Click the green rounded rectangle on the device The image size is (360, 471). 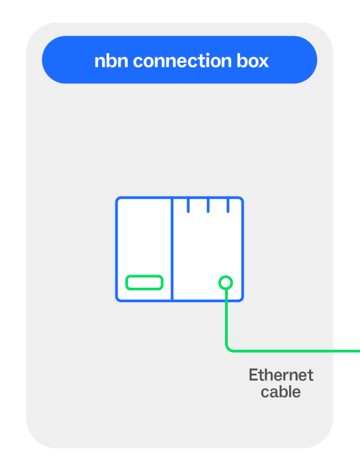pyautogui.click(x=144, y=282)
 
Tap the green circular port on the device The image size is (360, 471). pyautogui.click(x=225, y=282)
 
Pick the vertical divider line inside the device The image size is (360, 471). pyautogui.click(x=173, y=251)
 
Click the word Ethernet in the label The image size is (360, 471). pyautogui.click(x=281, y=375)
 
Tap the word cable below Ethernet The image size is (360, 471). pyautogui.click(x=281, y=392)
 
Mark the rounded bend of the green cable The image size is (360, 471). pyautogui.click(x=229, y=347)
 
